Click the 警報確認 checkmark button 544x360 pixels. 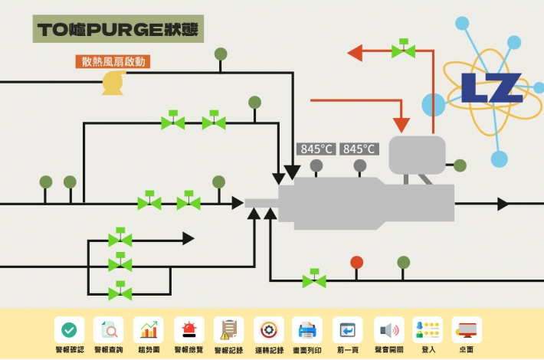[x=69, y=330]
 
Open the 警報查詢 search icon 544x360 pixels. [x=109, y=330]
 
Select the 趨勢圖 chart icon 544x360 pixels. [x=149, y=330]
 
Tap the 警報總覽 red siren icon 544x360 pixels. [x=188, y=330]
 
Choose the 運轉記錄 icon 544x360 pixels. [x=268, y=330]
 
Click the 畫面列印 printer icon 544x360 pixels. [x=307, y=330]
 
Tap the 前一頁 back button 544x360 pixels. [x=348, y=330]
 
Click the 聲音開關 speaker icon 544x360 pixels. [x=388, y=330]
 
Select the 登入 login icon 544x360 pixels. [x=428, y=330]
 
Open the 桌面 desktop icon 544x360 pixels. [x=467, y=330]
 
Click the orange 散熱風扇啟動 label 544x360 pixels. [x=113, y=61]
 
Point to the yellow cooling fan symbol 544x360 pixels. [x=113, y=83]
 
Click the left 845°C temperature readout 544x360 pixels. [x=317, y=149]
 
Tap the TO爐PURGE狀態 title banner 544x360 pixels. [x=118, y=29]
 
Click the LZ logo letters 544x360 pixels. [x=490, y=88]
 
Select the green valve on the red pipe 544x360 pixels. [x=403, y=51]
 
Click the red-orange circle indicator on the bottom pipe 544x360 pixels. [x=356, y=263]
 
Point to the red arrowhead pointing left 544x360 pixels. [x=355, y=53]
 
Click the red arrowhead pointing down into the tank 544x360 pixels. [x=401, y=125]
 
